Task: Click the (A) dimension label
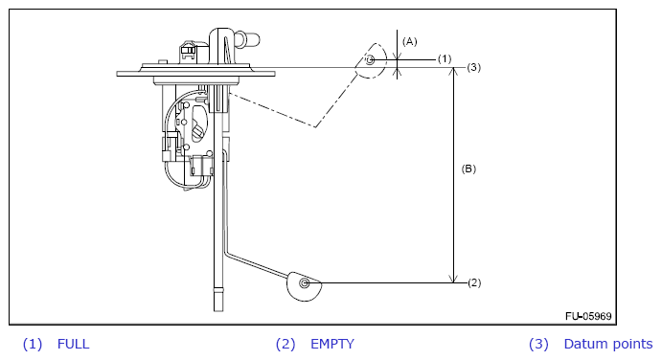tap(409, 41)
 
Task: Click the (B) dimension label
tap(468, 169)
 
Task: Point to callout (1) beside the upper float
tap(445, 58)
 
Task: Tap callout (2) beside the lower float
tap(474, 282)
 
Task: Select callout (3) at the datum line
tap(473, 67)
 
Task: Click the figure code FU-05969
tap(588, 316)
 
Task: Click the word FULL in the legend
tap(73, 344)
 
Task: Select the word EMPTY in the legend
tap(332, 344)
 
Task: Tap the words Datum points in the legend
tap(608, 344)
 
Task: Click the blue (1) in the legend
tap(33, 344)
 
